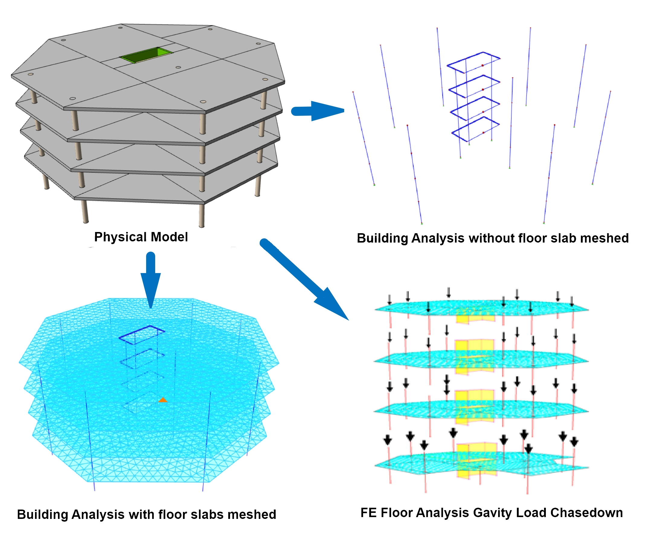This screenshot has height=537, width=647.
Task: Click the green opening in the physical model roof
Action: [146, 55]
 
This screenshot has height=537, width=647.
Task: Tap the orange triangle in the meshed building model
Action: [163, 400]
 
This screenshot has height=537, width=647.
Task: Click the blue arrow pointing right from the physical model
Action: [318, 111]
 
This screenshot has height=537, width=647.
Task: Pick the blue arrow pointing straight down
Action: [151, 280]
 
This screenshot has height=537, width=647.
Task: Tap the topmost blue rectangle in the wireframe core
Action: [473, 63]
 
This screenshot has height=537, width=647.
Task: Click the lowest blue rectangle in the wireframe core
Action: [476, 129]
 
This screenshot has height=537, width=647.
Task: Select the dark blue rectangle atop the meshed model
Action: [142, 335]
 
